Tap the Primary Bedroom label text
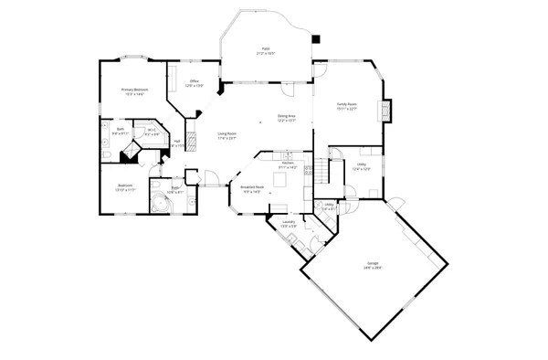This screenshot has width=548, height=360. (135, 90)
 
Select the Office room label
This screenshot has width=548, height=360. (195, 81)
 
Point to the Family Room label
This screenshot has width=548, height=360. (346, 105)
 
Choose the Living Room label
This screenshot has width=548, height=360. (227, 134)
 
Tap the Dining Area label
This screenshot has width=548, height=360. (286, 116)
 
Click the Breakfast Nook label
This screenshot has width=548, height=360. (251, 188)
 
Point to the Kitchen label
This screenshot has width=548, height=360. (288, 163)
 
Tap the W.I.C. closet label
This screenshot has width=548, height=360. (153, 131)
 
